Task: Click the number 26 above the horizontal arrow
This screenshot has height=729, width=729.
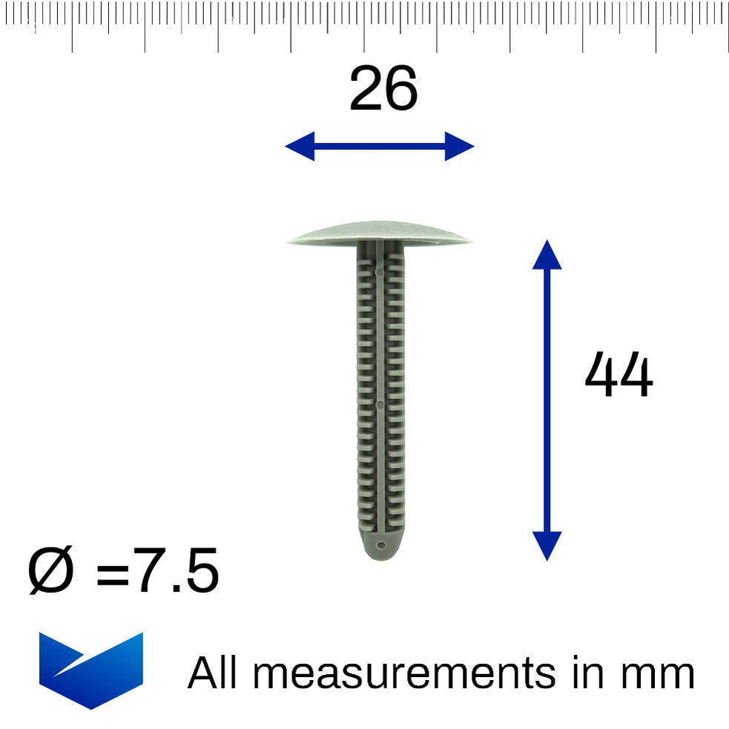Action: [383, 90]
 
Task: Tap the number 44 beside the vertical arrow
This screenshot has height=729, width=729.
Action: [618, 376]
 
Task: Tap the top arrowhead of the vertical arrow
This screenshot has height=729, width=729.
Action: [547, 254]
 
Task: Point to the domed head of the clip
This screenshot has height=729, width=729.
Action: [379, 231]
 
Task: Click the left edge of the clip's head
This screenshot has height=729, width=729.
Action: [289, 240]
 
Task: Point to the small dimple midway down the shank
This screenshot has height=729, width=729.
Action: [378, 405]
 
